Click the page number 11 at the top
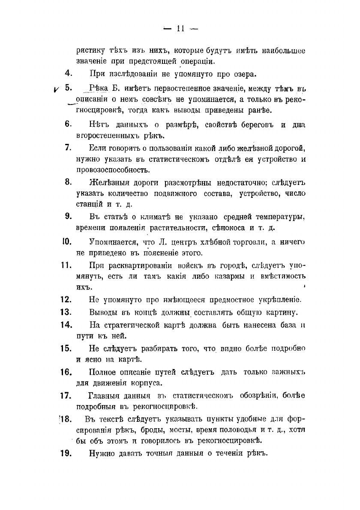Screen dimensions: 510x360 (180, 29)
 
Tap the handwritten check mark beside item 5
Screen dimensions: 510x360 (56, 89)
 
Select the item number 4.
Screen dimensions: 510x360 (68, 74)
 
